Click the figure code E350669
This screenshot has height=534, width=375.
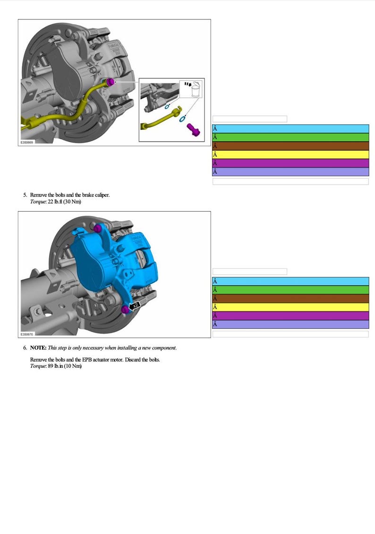27,141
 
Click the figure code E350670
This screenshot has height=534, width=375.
27,334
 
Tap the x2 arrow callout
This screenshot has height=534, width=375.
135,305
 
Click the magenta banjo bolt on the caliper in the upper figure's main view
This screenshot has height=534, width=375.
111,83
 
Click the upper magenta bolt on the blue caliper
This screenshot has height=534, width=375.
98,229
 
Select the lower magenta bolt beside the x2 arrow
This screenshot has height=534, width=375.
125,309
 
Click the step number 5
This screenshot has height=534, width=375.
25,195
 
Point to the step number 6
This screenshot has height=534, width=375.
25,348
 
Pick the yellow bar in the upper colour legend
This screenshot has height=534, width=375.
290,154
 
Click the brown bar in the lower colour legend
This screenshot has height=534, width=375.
290,298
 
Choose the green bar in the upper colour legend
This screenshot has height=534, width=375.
290,137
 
